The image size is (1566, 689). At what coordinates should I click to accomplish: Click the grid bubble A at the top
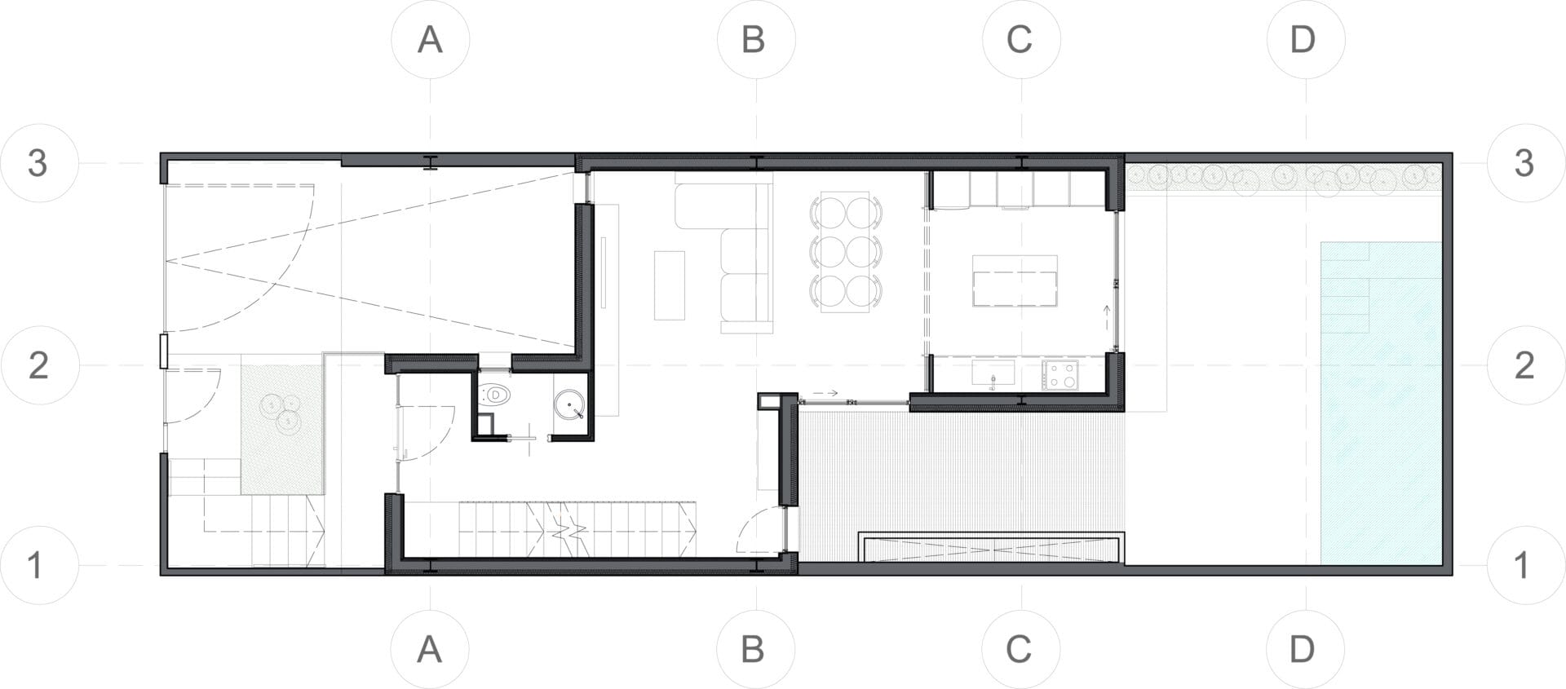coord(430,39)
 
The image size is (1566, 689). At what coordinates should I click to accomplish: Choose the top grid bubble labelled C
coord(1021,39)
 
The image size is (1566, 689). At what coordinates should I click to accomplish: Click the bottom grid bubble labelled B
coord(755,649)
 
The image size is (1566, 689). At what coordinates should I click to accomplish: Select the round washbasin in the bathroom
coord(569,405)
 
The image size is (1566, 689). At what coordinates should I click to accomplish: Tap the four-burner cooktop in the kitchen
coord(1060,375)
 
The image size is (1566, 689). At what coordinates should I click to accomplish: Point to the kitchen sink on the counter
coord(993,374)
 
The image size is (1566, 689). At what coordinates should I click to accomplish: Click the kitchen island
coord(1015,280)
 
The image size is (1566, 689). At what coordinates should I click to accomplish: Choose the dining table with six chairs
coord(846,252)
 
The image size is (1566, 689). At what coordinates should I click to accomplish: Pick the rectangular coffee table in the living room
coord(669,285)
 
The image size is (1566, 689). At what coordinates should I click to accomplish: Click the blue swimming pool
coord(1381,403)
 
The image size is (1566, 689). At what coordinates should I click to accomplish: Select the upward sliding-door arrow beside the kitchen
coord(1107,316)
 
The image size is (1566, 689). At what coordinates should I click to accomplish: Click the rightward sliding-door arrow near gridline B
coord(826,393)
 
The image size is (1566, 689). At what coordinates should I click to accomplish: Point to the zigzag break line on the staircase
coord(568,530)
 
